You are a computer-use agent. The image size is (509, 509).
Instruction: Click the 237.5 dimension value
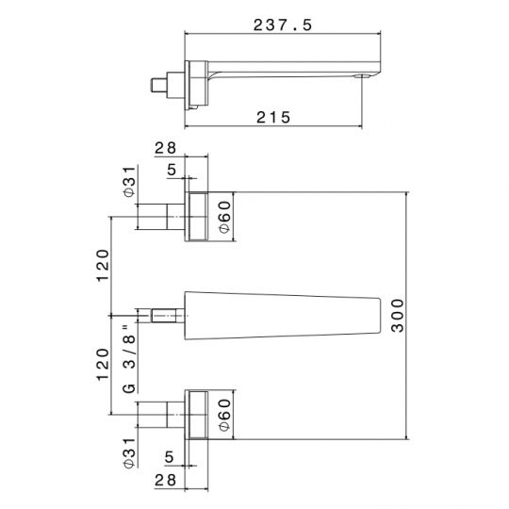[282, 25]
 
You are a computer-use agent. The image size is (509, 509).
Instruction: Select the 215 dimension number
[273, 117]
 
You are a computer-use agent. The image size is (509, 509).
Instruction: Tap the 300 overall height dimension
[398, 316]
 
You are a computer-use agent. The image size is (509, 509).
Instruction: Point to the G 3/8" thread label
[129, 359]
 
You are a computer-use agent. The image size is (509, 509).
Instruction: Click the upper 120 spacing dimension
[104, 266]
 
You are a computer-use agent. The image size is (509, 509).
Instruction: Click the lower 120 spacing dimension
[103, 364]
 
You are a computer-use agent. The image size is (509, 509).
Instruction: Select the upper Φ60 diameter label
[224, 217]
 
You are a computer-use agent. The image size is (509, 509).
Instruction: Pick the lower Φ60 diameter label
[224, 415]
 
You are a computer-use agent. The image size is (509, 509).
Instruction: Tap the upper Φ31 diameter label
[129, 182]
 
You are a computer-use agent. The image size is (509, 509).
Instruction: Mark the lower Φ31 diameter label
[129, 452]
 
